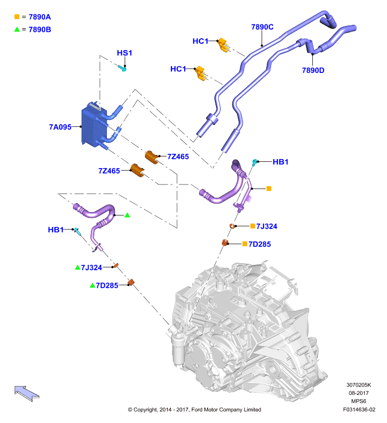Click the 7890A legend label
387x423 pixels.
pyautogui.click(x=40, y=17)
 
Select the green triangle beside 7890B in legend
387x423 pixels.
pyautogui.click(x=17, y=29)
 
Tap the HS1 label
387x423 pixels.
pyautogui.click(x=124, y=53)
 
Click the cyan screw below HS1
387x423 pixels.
pyautogui.click(x=122, y=68)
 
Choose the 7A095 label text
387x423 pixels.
pyautogui.click(x=60, y=127)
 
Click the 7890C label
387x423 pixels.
pyautogui.click(x=262, y=27)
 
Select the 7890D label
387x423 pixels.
pyautogui.click(x=313, y=70)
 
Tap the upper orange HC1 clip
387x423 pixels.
pyautogui.click(x=223, y=45)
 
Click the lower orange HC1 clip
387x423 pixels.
pyautogui.click(x=202, y=73)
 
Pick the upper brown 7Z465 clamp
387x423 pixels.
pyautogui.click(x=152, y=157)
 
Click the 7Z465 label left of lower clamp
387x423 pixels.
pyautogui.click(x=109, y=171)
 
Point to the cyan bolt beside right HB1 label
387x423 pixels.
pyautogui.click(x=255, y=162)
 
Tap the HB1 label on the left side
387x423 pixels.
pyautogui.click(x=56, y=230)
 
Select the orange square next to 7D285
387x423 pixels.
pyautogui.click(x=245, y=244)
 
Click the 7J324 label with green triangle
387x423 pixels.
pyautogui.click(x=92, y=268)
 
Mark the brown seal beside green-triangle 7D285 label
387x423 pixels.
pyautogui.click(x=131, y=282)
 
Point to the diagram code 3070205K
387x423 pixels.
pyautogui.click(x=358, y=385)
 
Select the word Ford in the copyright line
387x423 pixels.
pyautogui.click(x=196, y=410)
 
